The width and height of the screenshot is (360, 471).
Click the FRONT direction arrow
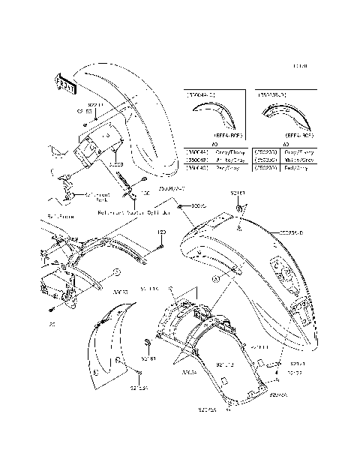point(64,83)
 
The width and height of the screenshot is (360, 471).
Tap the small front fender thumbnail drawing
point(214,116)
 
